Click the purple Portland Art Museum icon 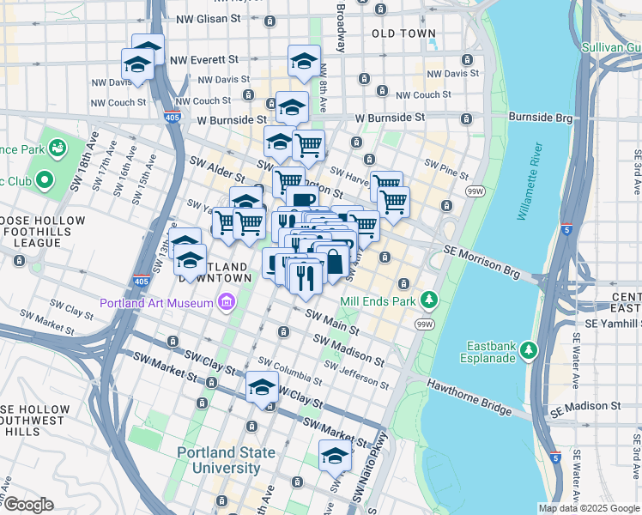(x=226, y=301)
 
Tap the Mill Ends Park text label (x=379, y=301)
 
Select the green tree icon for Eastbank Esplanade (x=530, y=350)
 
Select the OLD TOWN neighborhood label (x=404, y=33)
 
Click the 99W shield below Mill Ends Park (x=423, y=324)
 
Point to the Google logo (x=28, y=505)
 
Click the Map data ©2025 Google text (x=589, y=508)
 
